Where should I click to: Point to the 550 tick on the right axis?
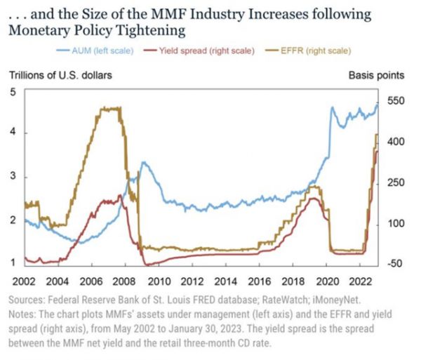pos(396,101)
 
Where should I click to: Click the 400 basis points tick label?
pos(396,142)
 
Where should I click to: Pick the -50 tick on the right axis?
pos(394,264)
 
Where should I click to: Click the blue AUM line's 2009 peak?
pos(143,162)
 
